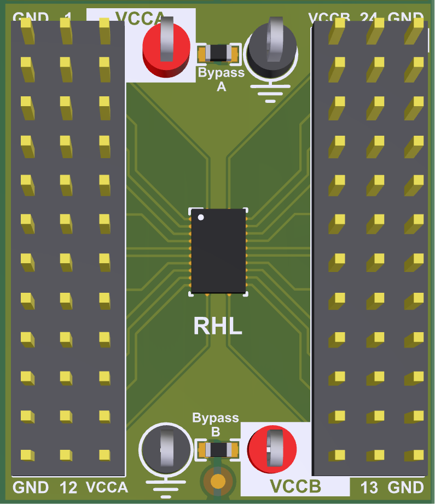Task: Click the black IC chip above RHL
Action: click(x=218, y=251)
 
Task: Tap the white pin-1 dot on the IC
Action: click(x=201, y=218)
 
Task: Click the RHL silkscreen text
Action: click(x=218, y=326)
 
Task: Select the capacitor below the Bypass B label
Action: click(x=218, y=450)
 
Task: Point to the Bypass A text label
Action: click(x=221, y=79)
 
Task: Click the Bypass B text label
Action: click(x=216, y=425)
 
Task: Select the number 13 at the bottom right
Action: click(x=370, y=487)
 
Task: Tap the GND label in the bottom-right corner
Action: click(x=405, y=487)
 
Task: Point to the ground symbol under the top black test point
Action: click(x=270, y=94)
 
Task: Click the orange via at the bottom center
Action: click(x=218, y=481)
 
